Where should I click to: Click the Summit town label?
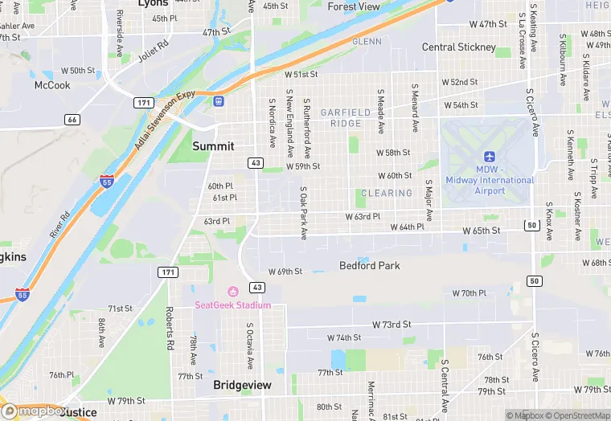coord(213,146)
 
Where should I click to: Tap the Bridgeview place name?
coord(242,386)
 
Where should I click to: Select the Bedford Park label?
coord(369,265)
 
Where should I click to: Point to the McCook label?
coord(51,85)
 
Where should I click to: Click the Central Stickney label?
coord(459,47)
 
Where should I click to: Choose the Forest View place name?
coord(354,6)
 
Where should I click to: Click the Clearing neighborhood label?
coord(387,194)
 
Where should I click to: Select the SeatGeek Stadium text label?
coord(232,305)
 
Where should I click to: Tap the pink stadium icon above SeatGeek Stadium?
coord(233,292)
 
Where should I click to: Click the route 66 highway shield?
coord(72,120)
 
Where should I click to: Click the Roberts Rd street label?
coord(170,322)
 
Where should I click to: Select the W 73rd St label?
coord(392,325)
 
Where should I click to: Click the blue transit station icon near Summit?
coord(218,100)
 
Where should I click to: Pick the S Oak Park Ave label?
coord(304,214)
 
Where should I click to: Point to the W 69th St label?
coord(285,272)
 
